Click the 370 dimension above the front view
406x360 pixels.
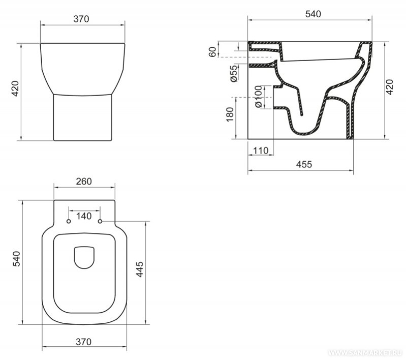(81, 19)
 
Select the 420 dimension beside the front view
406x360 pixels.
(16, 88)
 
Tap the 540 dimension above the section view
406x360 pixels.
(313, 14)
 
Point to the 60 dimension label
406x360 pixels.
(212, 52)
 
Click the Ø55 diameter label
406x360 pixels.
(234, 74)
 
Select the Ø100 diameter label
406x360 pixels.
(259, 97)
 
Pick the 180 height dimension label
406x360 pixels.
(230, 114)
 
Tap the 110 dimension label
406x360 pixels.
(261, 151)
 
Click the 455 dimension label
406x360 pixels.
(304, 164)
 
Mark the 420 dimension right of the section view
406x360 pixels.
(389, 87)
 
